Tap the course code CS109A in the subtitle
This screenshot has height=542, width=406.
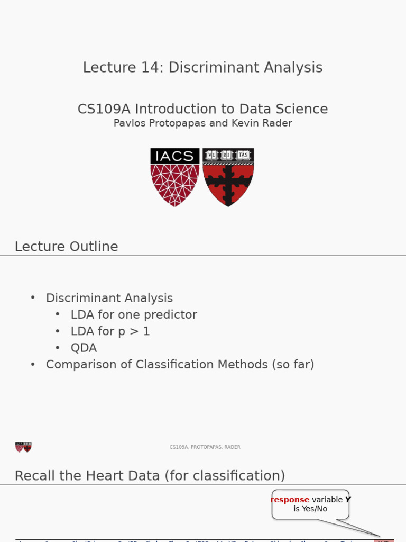tap(104, 109)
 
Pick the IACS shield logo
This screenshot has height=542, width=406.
tap(175, 177)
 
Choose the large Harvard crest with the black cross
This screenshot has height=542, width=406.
tap(228, 177)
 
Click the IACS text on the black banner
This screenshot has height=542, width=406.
tap(175, 156)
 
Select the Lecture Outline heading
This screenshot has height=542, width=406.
tap(67, 247)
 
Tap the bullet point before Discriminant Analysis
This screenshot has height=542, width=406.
tap(33, 298)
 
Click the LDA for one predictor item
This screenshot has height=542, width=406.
tap(134, 315)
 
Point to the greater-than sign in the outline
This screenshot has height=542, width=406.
tap(132, 332)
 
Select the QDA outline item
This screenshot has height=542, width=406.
tap(84, 348)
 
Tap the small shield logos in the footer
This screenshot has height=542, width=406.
tap(23, 447)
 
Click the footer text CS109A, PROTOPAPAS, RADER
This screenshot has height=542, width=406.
tap(205, 447)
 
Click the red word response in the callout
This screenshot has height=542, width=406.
tap(290, 500)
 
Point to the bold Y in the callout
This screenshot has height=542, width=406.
tap(348, 500)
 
